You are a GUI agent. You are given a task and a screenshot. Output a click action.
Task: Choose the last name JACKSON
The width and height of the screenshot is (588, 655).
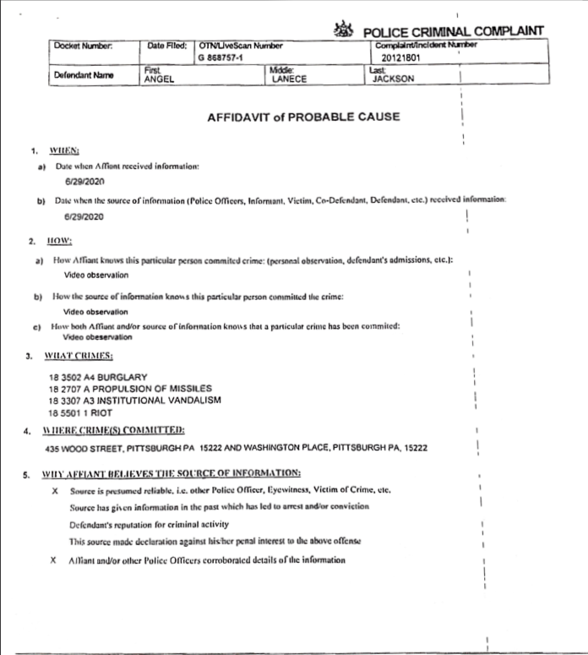[394, 79]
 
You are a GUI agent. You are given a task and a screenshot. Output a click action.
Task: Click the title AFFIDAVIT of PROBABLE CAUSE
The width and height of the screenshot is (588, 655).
[303, 117]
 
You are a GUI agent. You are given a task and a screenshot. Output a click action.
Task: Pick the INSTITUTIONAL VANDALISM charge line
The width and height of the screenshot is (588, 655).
[134, 400]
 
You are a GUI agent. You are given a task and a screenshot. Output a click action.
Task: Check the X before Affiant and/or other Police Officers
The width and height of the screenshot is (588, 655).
[55, 559]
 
